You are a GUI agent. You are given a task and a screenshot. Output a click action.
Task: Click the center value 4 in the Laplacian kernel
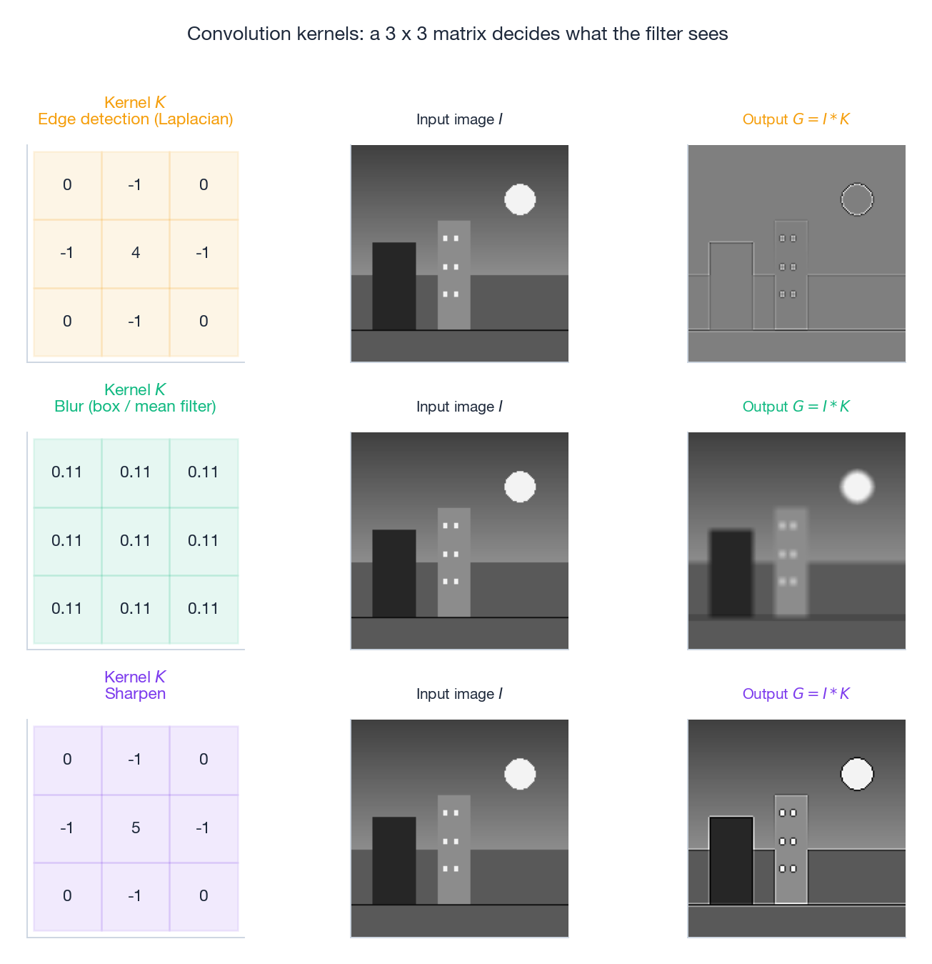136,253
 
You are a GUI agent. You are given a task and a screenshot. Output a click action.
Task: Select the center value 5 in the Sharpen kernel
136,828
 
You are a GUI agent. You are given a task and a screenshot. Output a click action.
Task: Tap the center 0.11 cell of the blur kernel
136,541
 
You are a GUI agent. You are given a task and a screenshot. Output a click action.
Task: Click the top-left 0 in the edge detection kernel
67,185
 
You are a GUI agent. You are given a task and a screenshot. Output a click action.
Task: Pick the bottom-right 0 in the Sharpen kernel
204,896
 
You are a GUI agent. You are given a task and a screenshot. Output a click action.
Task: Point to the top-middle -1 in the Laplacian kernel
135,185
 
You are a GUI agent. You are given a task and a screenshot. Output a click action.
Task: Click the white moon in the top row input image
520,199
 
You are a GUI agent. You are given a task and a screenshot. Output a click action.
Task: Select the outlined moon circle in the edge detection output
857,199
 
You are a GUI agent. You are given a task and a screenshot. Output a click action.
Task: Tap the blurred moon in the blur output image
857,487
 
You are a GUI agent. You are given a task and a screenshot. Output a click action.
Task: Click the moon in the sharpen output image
857,774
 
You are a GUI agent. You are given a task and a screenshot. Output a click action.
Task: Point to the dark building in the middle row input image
394,573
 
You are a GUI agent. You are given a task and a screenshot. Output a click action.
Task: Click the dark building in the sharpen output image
731,860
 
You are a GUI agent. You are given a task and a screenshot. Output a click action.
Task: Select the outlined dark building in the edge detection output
731,286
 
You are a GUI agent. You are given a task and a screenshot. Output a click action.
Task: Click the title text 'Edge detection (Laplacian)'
136,119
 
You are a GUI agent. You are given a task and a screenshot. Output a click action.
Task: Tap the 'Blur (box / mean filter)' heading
136,407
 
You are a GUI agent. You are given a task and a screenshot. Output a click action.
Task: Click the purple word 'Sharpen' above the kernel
136,694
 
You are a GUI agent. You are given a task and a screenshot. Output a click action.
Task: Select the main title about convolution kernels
458,34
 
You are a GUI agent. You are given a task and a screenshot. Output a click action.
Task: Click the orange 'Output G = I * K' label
796,119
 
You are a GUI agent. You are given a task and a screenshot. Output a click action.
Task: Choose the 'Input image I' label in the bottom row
459,694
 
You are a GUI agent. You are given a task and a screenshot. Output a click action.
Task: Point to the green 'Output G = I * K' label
796,407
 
